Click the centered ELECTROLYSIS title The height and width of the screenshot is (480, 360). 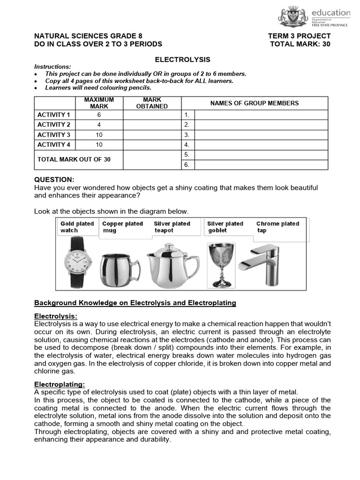pyautogui.click(x=182, y=60)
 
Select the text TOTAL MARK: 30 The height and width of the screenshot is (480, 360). pyautogui.click(x=300, y=44)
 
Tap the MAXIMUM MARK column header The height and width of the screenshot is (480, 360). pyautogui.click(x=99, y=103)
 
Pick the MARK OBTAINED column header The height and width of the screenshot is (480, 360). pyautogui.click(x=152, y=103)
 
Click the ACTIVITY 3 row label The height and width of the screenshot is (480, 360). pyautogui.click(x=54, y=135)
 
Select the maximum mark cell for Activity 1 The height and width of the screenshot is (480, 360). pyautogui.click(x=99, y=115)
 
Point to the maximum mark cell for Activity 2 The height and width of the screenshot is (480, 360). pyautogui.click(x=99, y=125)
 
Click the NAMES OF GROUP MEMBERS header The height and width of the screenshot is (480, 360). pyautogui.click(x=254, y=103)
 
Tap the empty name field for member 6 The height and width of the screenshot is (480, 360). pyautogui.click(x=261, y=165)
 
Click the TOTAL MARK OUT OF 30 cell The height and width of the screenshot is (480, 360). pyautogui.click(x=74, y=159)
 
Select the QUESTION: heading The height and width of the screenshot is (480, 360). pyautogui.click(x=54, y=180)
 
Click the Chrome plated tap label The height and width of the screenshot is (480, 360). pyautogui.click(x=277, y=227)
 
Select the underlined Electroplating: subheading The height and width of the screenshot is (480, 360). pyautogui.click(x=60, y=384)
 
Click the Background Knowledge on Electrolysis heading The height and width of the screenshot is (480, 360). pyautogui.click(x=135, y=303)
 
